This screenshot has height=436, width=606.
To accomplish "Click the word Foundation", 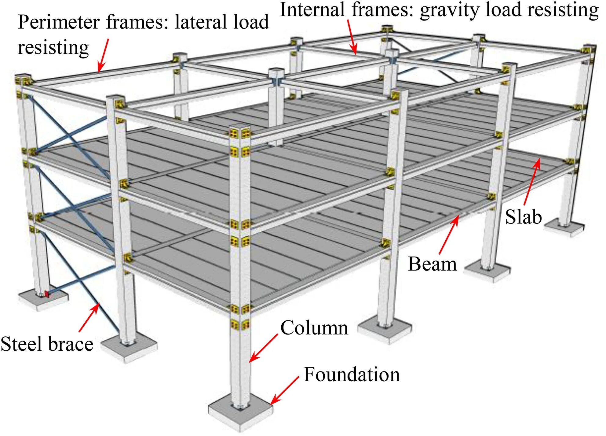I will click(352, 374).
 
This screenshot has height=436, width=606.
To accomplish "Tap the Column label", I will click(314, 328).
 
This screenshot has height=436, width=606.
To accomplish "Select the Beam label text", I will click(432, 264).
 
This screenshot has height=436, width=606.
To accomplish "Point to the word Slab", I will click(523, 217).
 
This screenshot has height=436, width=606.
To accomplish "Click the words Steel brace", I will click(47, 344).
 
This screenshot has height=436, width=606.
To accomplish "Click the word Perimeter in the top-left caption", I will click(59, 22).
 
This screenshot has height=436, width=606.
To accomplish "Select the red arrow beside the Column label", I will click(263, 348).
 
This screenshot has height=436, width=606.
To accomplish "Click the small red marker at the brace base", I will click(47, 294).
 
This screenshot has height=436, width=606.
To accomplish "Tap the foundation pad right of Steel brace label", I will click(129, 349).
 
